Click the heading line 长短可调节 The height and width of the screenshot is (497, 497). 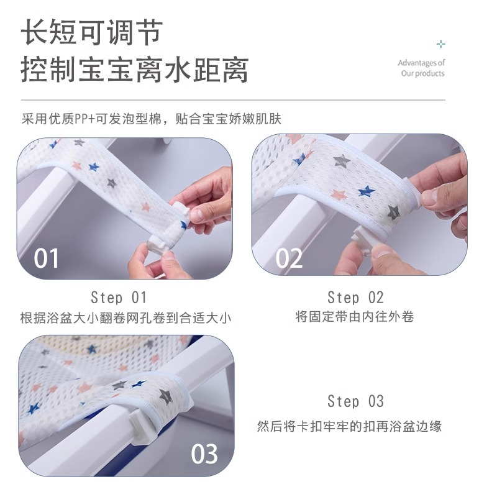point(92,32)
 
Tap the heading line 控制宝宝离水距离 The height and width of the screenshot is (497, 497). point(135,70)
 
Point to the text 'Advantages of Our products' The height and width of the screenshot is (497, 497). point(422,68)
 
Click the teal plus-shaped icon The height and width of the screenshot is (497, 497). point(441,43)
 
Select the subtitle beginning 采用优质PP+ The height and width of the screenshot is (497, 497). point(152,119)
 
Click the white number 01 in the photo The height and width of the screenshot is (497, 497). point(46,258)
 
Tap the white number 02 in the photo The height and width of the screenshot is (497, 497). point(289,258)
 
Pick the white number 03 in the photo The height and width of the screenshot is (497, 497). point(204,454)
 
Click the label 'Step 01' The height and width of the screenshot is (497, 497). point(119,298)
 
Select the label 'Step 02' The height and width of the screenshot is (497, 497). point(355,298)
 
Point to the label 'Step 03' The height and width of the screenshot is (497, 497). point(355,401)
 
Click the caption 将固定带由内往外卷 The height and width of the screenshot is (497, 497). point(355,317)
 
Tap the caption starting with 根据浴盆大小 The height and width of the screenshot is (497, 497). point(125,318)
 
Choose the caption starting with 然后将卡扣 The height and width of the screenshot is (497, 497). point(349,426)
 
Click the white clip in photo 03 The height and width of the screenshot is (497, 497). point(144,426)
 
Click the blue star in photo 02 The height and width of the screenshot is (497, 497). point(366,191)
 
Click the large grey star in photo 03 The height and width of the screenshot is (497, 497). point(165,396)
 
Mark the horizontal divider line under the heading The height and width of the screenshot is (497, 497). point(233,100)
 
